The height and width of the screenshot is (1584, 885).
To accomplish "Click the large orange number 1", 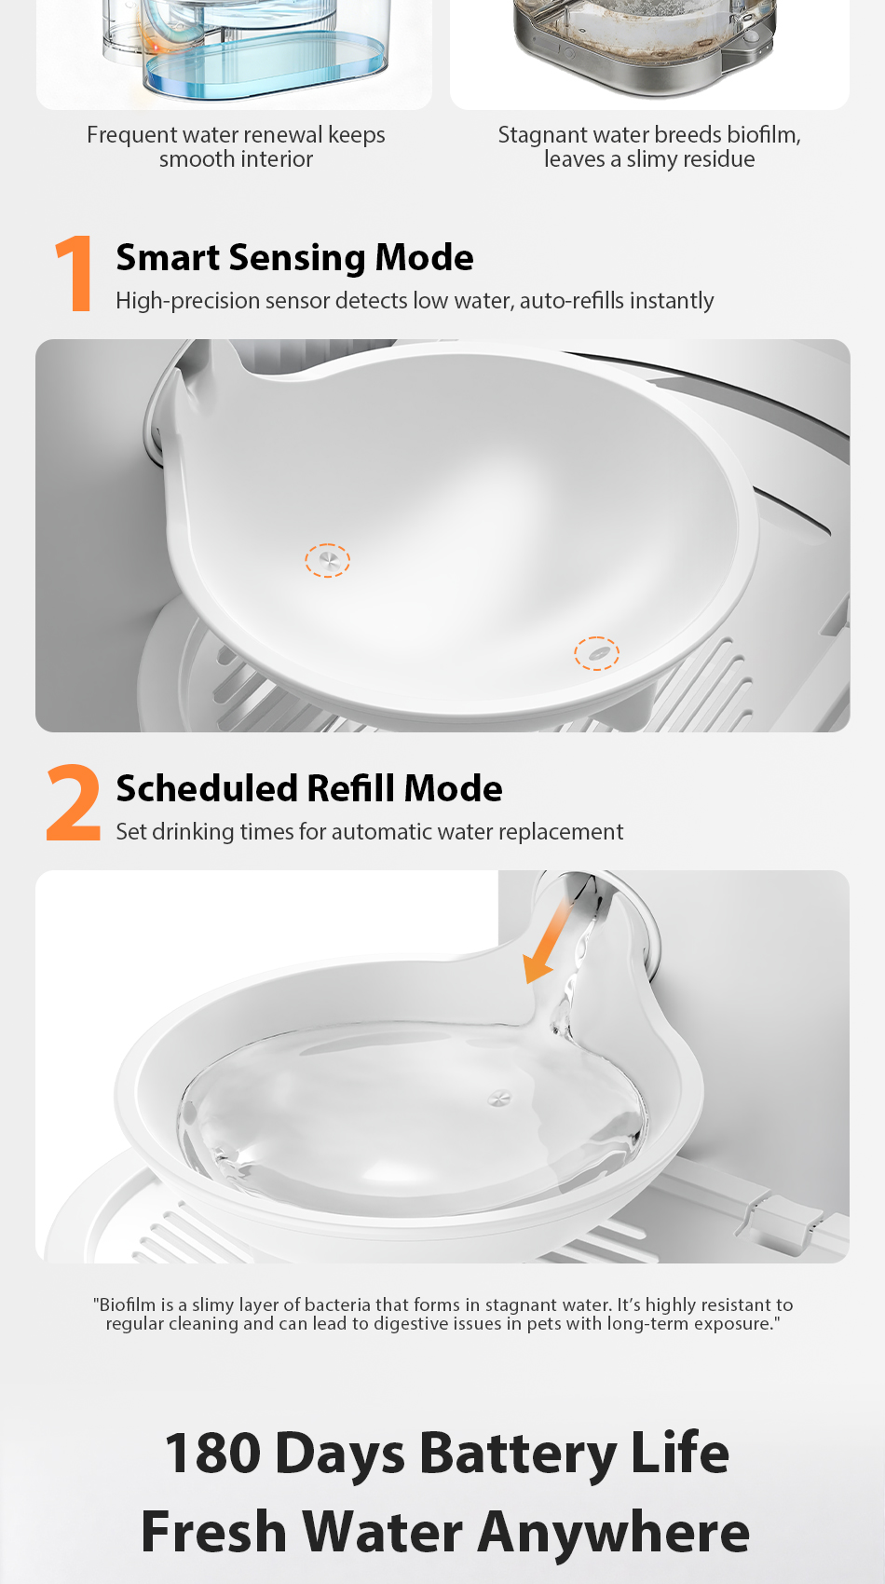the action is click(x=74, y=274).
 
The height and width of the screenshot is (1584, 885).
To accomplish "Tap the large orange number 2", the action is click(x=74, y=802).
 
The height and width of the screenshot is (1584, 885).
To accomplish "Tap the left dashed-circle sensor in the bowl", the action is click(x=327, y=561).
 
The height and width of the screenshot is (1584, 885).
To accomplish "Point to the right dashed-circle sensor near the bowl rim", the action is click(x=596, y=653).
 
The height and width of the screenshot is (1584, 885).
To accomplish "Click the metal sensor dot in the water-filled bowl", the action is click(x=499, y=1099).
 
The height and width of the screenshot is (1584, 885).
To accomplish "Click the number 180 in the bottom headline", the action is click(x=212, y=1453).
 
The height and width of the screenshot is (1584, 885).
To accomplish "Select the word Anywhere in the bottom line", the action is click(x=614, y=1533).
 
